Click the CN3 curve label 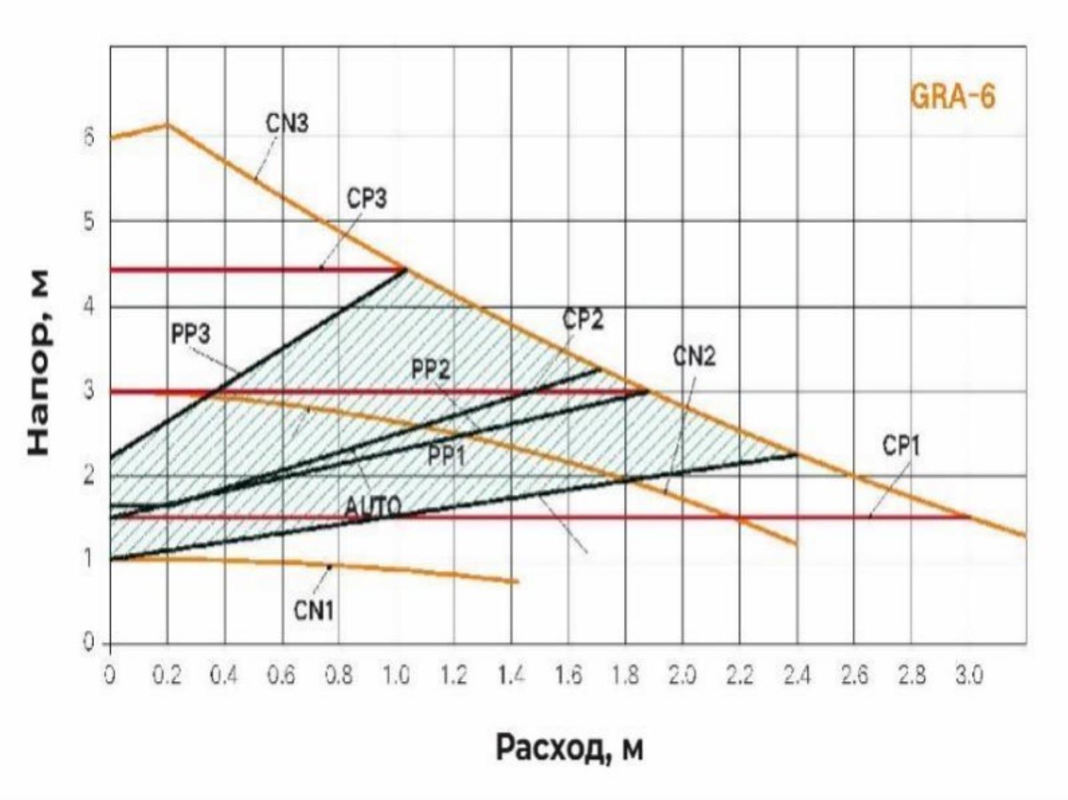tap(287, 123)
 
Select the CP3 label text tap(366, 199)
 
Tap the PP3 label tap(190, 334)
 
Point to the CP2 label tap(583, 320)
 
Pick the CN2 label tap(694, 357)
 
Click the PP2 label tap(431, 369)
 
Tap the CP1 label tap(900, 446)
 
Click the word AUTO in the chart tap(373, 508)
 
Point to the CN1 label tap(313, 609)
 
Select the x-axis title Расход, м tap(569, 748)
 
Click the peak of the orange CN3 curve tap(167, 124)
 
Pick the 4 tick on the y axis tap(89, 306)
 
